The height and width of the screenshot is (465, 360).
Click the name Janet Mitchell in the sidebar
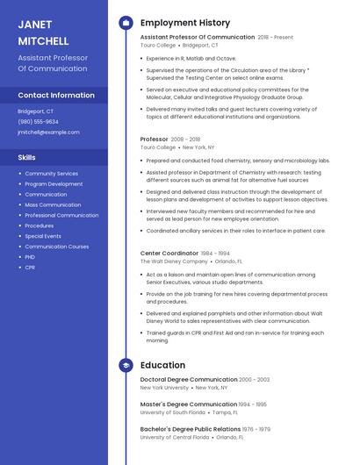[43, 32]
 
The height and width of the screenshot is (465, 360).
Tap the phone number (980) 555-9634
[38, 122]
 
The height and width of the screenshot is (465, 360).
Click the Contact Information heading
[56, 95]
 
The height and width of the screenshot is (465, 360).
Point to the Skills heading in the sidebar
[27, 158]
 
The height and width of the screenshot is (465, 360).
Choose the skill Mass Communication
[53, 204]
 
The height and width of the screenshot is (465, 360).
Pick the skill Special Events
[43, 236]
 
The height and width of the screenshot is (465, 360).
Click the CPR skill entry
[30, 268]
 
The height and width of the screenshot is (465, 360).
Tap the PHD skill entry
[30, 257]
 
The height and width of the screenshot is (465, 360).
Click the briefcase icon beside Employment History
[126, 23]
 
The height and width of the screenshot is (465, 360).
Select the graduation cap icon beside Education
[126, 365]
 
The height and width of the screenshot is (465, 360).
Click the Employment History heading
[185, 23]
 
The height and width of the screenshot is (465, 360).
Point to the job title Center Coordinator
[169, 253]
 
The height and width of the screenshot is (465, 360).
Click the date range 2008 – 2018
[185, 139]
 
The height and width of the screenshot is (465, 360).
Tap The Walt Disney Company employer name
[174, 261]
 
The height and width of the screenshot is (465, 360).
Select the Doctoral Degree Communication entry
[189, 379]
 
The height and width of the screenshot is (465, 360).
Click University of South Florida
[173, 412]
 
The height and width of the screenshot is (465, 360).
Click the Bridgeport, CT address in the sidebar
[35, 111]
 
